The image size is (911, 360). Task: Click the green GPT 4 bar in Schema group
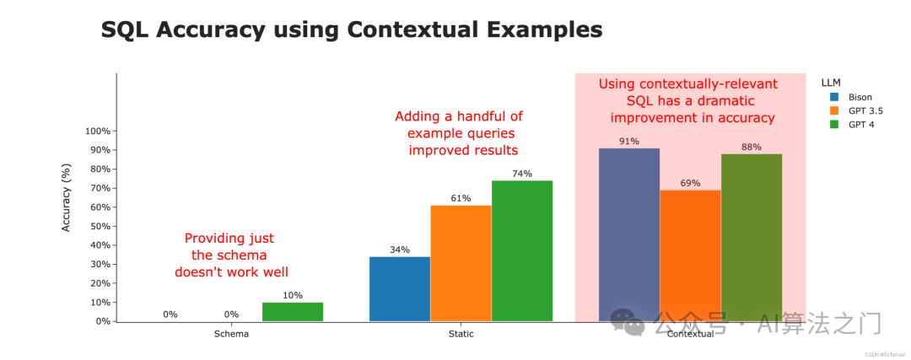point(292,312)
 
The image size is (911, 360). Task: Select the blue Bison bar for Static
point(400,289)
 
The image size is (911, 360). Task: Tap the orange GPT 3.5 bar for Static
point(461,264)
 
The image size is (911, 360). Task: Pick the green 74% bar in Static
point(522,251)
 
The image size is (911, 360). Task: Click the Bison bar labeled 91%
point(629,234)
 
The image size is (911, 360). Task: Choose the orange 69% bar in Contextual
point(690,255)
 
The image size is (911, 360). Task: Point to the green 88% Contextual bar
point(752,238)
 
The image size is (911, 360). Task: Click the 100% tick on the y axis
point(98,132)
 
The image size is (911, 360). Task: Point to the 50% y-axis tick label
point(100,227)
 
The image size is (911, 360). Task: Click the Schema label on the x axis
point(231,334)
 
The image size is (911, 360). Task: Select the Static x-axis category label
point(461,334)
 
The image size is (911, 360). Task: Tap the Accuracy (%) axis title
point(67,198)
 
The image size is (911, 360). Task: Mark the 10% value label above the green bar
point(292,296)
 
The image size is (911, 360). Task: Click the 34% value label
point(400,250)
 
